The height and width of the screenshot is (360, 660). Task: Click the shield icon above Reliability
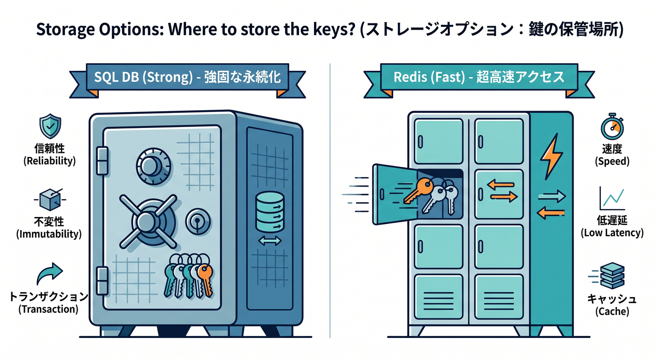(x=50, y=126)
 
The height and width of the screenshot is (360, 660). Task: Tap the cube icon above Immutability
(x=50, y=199)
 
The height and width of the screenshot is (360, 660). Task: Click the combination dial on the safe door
(x=153, y=166)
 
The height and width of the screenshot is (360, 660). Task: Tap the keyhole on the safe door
(x=198, y=222)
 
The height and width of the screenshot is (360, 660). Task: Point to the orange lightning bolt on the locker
(x=551, y=157)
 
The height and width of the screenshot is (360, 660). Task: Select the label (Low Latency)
(x=612, y=232)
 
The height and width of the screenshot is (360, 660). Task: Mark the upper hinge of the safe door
(x=102, y=161)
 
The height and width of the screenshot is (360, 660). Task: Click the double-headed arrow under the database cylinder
(x=270, y=241)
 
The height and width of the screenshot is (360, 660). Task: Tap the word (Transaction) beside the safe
(x=48, y=309)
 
